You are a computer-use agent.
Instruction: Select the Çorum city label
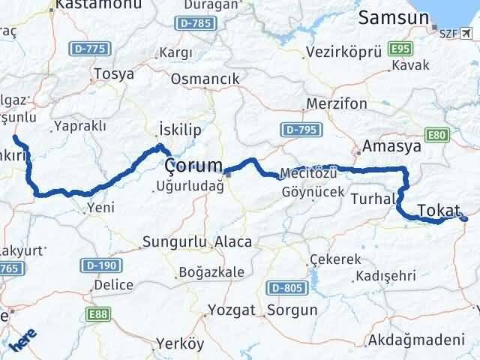(x=193, y=165)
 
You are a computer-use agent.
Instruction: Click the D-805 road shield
(x=286, y=287)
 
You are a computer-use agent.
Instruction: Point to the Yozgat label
(x=229, y=308)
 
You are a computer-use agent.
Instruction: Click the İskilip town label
(x=180, y=130)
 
